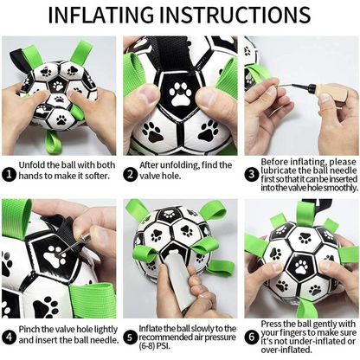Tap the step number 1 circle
[x=9, y=174]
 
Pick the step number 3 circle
[x=252, y=174]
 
